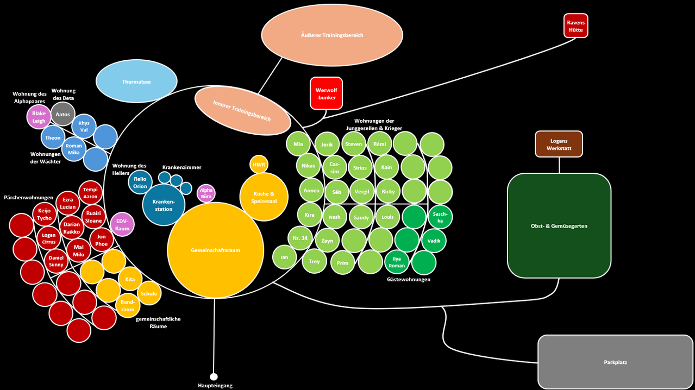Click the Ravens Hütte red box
(575, 26)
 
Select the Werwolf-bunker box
(326, 93)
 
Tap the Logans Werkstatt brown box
(559, 144)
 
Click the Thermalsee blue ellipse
(136, 81)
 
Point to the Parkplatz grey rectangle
(616, 362)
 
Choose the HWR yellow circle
(259, 165)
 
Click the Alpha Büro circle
(206, 193)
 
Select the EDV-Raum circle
(122, 225)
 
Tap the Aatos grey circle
(62, 114)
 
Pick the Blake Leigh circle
(39, 117)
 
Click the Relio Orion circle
(140, 183)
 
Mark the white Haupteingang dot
(214, 376)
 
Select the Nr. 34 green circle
(300, 238)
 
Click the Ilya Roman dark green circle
(397, 262)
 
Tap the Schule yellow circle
(149, 293)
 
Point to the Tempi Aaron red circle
(90, 193)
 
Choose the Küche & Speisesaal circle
(264, 197)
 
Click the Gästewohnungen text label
(409, 279)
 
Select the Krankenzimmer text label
(182, 167)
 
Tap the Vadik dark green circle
(434, 241)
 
